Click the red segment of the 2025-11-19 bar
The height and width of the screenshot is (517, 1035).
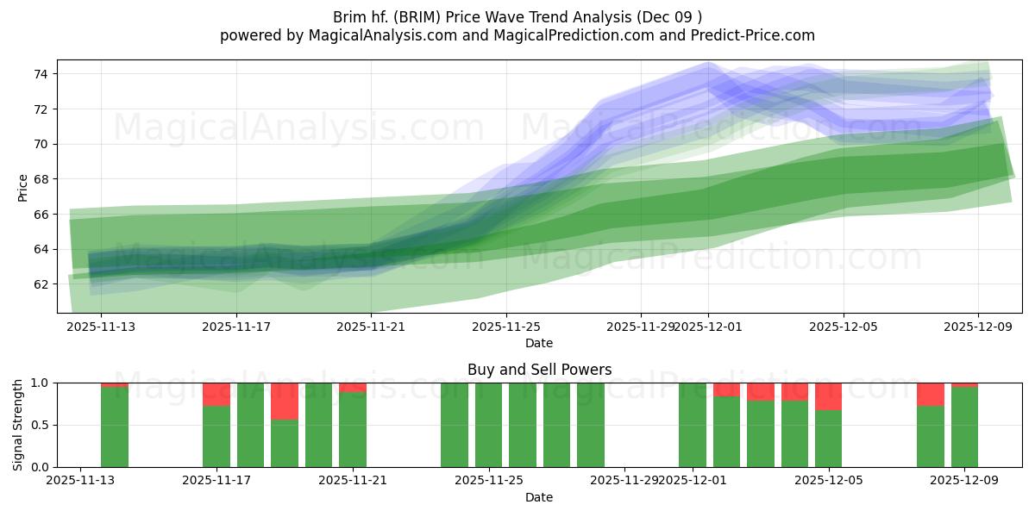pos(284,401)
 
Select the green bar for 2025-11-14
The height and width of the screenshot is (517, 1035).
pos(115,427)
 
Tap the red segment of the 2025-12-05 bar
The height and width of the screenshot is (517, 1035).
pos(828,396)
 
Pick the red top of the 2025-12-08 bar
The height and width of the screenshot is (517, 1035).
pos(930,394)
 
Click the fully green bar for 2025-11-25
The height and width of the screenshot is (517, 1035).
pos(488,425)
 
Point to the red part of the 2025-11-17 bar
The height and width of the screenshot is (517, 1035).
pos(216,394)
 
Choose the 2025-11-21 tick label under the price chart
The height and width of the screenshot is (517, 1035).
pos(371,327)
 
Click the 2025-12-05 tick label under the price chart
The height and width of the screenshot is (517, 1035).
pos(844,327)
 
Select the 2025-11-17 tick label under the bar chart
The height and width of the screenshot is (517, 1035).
pos(216,481)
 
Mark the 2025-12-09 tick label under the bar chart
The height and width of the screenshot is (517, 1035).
pos(964,481)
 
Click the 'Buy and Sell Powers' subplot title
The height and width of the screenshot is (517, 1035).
pos(539,370)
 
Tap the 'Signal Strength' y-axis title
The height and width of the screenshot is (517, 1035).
pos(18,425)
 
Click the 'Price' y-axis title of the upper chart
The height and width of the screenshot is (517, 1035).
pos(22,187)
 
